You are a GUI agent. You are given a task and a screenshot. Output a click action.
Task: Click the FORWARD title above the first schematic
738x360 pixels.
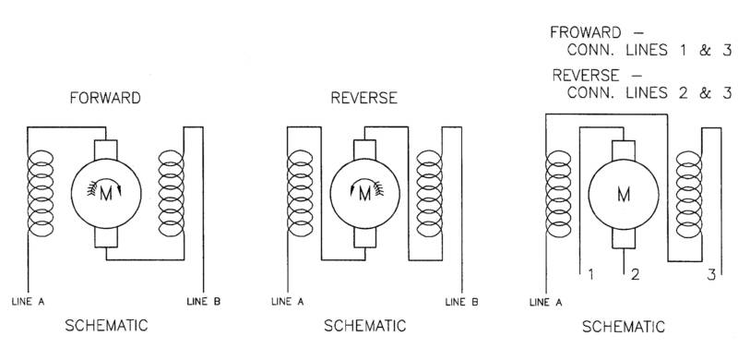(x=105, y=98)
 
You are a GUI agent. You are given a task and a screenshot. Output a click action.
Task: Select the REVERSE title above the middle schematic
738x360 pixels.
(x=363, y=98)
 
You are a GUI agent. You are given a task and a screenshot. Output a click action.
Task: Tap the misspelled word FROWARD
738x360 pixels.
(x=586, y=32)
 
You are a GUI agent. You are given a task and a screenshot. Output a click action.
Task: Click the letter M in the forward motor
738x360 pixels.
(x=106, y=194)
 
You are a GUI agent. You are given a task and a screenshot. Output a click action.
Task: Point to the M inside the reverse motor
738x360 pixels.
(x=364, y=194)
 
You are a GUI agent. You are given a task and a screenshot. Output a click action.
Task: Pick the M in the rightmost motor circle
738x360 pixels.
(x=624, y=194)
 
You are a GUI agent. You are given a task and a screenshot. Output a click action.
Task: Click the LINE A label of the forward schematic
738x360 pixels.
(x=29, y=302)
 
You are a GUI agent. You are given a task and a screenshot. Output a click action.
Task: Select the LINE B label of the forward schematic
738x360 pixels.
(x=203, y=302)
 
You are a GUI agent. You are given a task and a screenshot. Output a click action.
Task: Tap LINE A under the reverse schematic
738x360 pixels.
(x=288, y=302)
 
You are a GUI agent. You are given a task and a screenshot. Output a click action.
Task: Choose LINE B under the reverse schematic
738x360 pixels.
(x=462, y=302)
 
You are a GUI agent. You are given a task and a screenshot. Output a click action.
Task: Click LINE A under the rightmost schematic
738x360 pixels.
(x=545, y=302)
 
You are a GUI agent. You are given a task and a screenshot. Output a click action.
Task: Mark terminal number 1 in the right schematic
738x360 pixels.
(x=590, y=275)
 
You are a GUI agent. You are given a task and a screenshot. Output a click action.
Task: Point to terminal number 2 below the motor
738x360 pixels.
(x=635, y=275)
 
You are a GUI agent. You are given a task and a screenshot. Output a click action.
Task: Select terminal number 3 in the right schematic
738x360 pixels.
(x=711, y=275)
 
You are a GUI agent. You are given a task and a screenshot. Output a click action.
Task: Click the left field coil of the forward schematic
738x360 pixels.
(x=41, y=193)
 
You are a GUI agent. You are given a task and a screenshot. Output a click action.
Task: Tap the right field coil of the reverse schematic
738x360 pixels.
(x=429, y=193)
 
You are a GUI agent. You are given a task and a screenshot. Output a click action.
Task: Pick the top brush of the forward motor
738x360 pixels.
(x=106, y=150)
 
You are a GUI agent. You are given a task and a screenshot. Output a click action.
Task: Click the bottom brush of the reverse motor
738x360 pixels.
(x=364, y=237)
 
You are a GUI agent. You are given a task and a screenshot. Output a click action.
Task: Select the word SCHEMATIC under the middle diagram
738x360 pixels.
(x=364, y=326)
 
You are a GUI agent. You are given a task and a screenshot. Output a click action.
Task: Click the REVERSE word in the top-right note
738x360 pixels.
(x=586, y=76)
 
